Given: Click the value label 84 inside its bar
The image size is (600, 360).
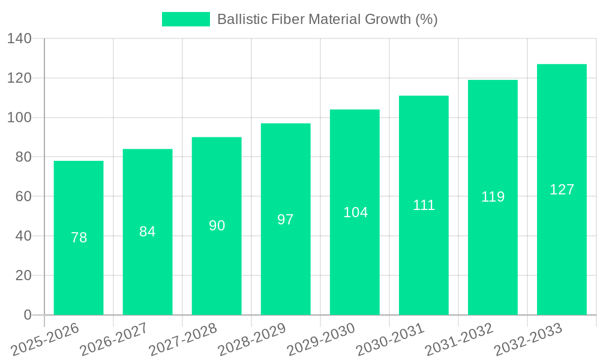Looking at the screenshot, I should pos(148,232).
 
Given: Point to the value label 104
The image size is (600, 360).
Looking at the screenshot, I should pos(355,212).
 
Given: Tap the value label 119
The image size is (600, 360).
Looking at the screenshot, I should pos(493,197).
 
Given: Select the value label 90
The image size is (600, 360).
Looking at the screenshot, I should pos(217,226).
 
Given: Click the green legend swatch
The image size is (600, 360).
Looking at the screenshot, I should pos(186,19).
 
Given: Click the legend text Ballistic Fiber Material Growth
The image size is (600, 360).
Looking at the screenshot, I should pos(327,19).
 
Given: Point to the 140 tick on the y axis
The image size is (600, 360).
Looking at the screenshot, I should pos(19,39).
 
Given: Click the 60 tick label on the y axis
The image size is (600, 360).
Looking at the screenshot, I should pos(23,197).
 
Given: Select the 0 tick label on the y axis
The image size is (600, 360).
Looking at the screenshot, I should pos(27,315).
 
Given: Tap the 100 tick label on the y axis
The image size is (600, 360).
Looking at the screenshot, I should pos(19,118).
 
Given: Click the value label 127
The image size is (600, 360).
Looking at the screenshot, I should pos(562,190).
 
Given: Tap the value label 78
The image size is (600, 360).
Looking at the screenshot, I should pos(79,238).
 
